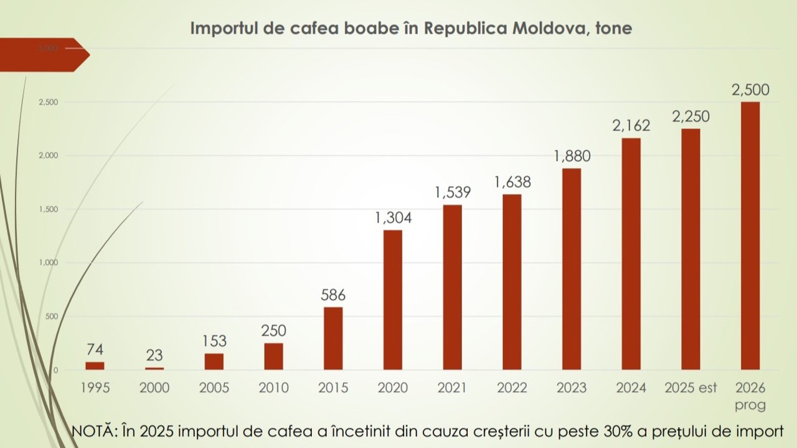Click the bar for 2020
(392, 300)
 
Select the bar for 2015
(333, 338)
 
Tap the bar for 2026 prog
(750, 236)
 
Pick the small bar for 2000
(154, 368)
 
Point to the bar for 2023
(572, 269)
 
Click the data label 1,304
(393, 218)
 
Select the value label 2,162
(631, 126)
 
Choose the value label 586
(333, 295)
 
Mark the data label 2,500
(750, 90)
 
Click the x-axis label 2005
(214, 388)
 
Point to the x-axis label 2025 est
(691, 388)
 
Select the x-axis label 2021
(452, 388)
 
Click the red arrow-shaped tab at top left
(44, 55)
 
